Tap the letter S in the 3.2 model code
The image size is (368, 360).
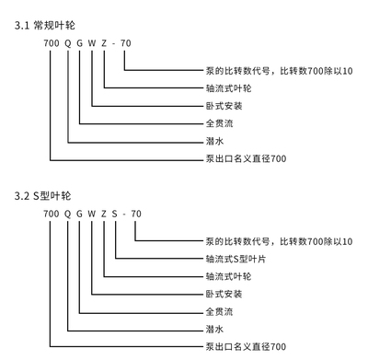[117, 215]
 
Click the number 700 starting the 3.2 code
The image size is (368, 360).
[50, 215]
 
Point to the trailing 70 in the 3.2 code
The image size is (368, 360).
[136, 215]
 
